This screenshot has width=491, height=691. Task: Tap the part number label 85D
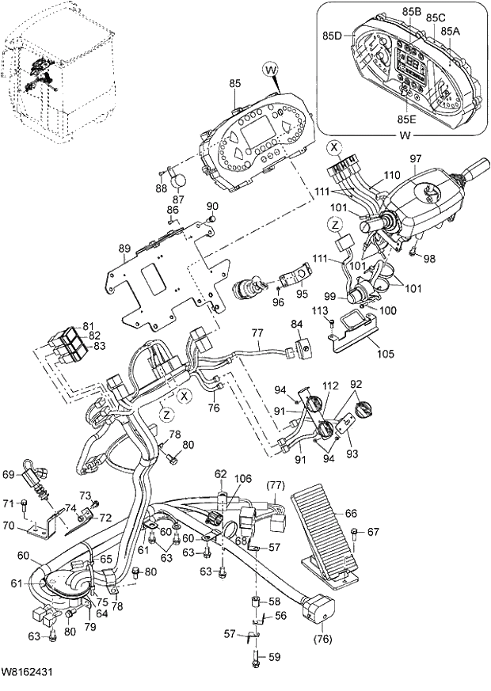tap(332, 36)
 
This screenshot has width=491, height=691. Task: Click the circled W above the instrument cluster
tap(272, 70)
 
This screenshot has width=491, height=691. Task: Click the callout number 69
tap(8, 474)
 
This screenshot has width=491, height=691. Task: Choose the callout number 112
tap(329, 386)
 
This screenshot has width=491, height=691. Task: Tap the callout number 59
tap(275, 655)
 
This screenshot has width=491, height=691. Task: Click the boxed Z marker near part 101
tap(337, 224)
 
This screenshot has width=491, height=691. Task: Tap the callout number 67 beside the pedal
tap(374, 531)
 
